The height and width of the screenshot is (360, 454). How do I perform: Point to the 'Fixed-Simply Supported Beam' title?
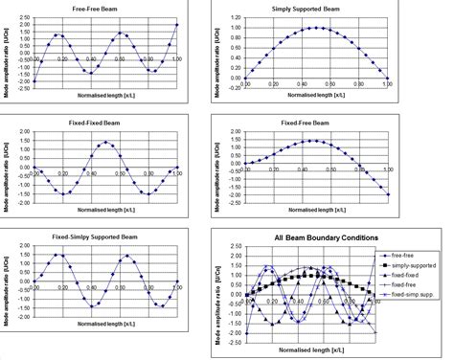click(x=102, y=233)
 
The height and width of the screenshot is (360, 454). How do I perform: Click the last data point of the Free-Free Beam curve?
click(x=177, y=25)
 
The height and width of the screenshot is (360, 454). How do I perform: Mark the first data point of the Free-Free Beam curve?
click(x=34, y=81)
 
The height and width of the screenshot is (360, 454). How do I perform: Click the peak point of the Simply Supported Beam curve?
click(x=317, y=28)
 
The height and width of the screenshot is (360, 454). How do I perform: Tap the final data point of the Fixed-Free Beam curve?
click(x=390, y=194)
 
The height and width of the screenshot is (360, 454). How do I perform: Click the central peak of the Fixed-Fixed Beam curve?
click(x=106, y=143)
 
